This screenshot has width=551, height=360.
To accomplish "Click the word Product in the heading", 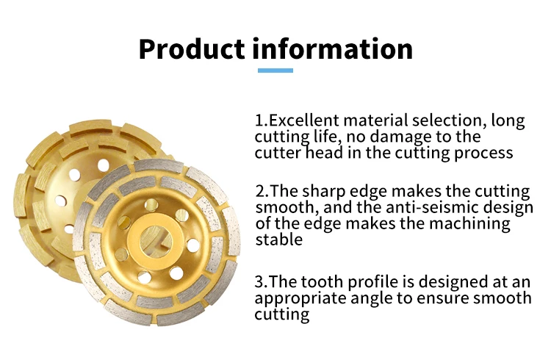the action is (192, 49).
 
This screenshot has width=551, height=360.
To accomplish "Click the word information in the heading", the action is (332, 48).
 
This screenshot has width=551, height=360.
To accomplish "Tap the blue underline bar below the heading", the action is (275, 71).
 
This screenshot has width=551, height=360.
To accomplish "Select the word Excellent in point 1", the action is (303, 120).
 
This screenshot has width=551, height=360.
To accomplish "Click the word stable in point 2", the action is (278, 240).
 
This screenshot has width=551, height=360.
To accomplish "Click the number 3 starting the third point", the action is (259, 282).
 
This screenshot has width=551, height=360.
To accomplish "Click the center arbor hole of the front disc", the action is (156, 240).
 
